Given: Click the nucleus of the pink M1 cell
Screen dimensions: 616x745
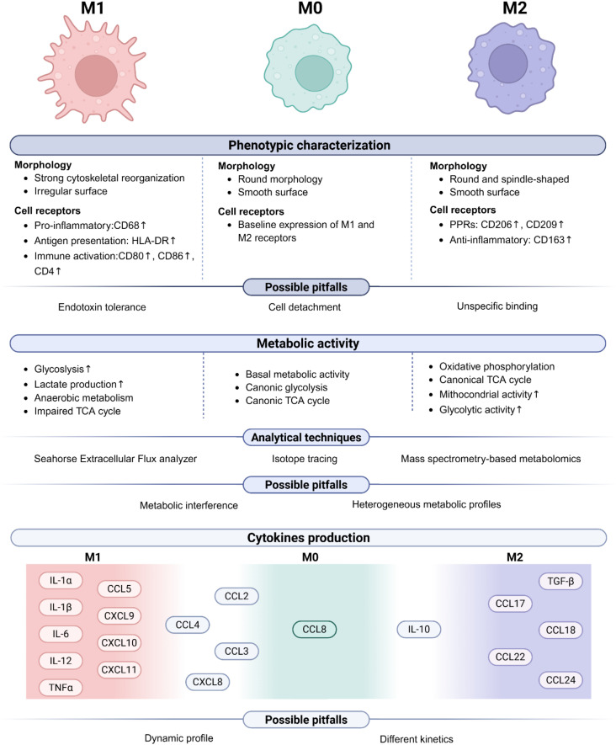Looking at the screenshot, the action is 97,75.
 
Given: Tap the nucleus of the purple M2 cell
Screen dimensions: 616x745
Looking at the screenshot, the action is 508,63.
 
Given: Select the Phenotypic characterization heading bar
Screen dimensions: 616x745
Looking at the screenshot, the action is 308,146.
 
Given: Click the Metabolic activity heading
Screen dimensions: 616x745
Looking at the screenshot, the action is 308,343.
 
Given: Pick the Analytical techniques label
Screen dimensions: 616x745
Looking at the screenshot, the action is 306,438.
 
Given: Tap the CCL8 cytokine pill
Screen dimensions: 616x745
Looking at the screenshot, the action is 315,629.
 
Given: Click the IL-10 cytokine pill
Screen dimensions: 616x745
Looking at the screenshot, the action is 419,629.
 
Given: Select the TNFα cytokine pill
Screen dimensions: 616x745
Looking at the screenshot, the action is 61,687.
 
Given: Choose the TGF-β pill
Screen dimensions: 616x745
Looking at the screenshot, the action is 560,581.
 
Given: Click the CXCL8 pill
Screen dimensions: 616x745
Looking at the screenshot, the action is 208,682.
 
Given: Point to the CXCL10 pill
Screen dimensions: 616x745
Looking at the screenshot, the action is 119,643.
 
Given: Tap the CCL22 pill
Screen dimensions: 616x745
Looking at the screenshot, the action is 510,657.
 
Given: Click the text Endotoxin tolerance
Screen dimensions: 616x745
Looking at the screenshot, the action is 102,307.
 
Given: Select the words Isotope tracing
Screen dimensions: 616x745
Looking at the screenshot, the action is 305,459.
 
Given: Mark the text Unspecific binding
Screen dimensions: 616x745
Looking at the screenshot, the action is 497,306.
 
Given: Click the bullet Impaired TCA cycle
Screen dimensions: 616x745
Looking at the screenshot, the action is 77,411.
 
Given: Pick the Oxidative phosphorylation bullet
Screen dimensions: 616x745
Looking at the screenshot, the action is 497,367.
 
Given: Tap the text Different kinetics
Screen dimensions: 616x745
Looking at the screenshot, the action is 417,739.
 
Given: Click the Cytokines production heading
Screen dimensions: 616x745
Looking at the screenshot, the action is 308,538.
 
